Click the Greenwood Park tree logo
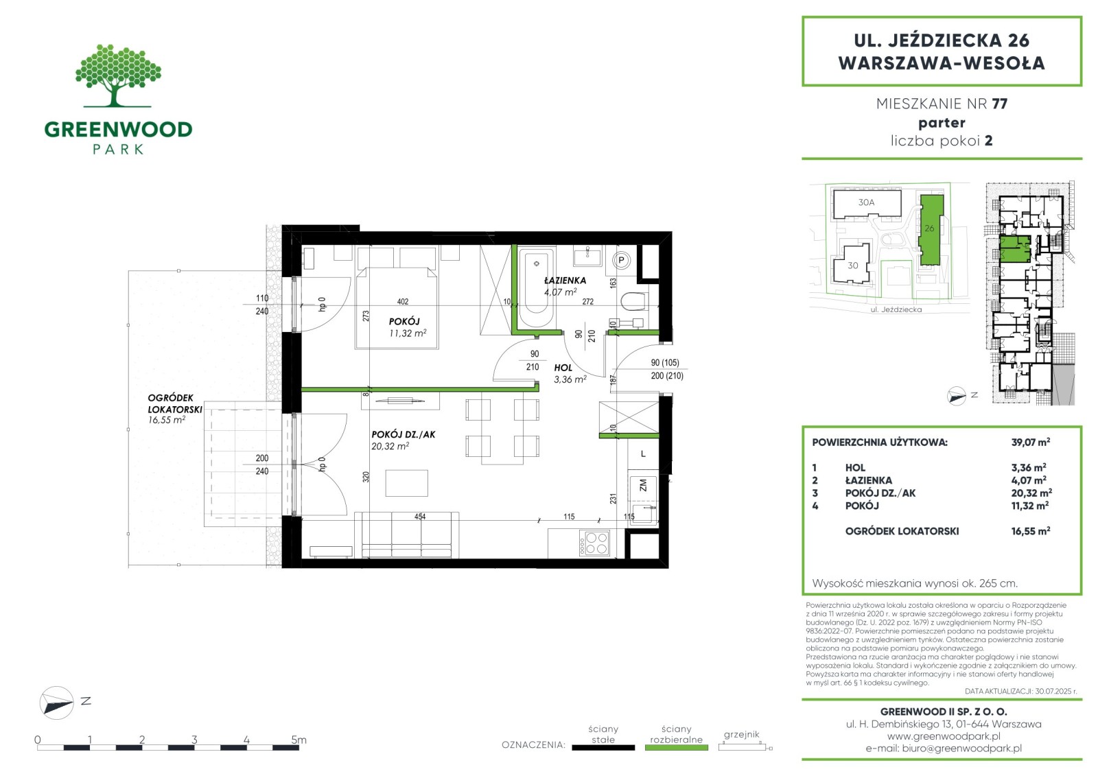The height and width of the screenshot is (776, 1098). pyautogui.click(x=118, y=75)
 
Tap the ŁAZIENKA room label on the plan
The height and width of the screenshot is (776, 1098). pyautogui.click(x=565, y=281)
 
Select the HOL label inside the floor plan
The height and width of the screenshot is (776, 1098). pyautogui.click(x=563, y=368)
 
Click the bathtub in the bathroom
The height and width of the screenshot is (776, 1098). pyautogui.click(x=537, y=287)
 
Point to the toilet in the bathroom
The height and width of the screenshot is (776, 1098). pyautogui.click(x=634, y=301)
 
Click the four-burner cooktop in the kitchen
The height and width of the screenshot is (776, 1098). pyautogui.click(x=594, y=543)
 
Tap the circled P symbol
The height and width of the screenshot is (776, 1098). pyautogui.click(x=622, y=260)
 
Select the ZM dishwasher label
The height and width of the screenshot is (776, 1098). pyautogui.click(x=642, y=485)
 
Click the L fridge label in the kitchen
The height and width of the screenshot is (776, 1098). pyautogui.click(x=642, y=454)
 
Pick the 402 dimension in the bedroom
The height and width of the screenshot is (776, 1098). pyautogui.click(x=402, y=301)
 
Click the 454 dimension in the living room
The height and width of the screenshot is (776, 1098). pyautogui.click(x=419, y=516)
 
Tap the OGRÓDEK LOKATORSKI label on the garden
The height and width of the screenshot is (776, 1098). pyautogui.click(x=174, y=403)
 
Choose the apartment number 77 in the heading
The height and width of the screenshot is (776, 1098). pyautogui.click(x=999, y=104)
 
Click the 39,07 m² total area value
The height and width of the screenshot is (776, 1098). pyautogui.click(x=1030, y=442)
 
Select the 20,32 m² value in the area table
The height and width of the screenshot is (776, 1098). pyautogui.click(x=1031, y=493)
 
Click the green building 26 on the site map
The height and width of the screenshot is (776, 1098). pyautogui.click(x=931, y=230)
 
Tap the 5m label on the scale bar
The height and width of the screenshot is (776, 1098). pyautogui.click(x=299, y=739)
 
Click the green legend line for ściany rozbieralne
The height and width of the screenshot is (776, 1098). pyautogui.click(x=676, y=748)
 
